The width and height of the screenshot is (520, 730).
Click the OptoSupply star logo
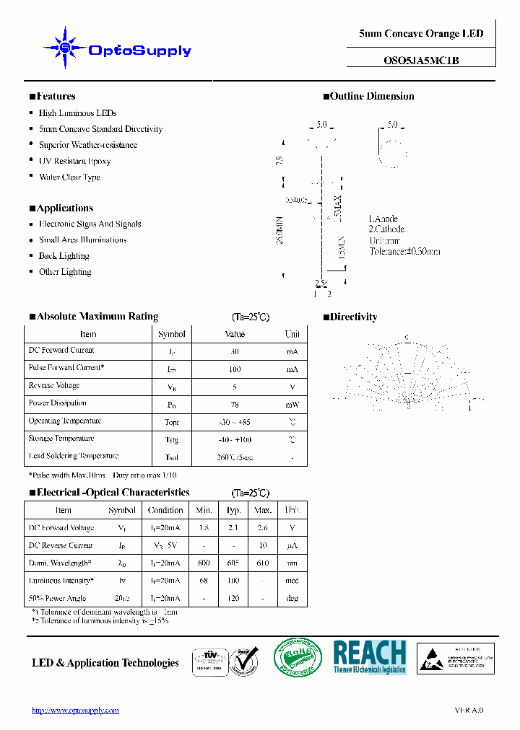click(66, 48)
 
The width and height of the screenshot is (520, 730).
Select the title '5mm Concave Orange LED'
click(421, 34)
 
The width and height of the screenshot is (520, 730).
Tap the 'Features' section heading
click(55, 97)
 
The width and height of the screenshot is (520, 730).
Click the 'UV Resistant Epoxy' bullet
click(74, 161)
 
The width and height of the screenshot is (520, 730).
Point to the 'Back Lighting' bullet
click(64, 256)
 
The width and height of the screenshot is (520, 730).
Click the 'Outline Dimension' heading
click(372, 97)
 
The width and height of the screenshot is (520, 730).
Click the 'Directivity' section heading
click(353, 317)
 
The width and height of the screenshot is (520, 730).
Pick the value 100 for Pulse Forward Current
click(235, 369)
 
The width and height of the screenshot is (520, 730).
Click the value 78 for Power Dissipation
click(235, 404)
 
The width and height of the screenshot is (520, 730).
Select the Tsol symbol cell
click(172, 457)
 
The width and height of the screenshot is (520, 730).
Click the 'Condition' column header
click(165, 510)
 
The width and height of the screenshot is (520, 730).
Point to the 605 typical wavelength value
click(233, 563)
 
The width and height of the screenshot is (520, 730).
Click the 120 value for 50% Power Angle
click(233, 598)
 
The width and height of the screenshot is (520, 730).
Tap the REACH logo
click(369, 656)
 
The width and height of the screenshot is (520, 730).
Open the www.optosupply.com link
click(75, 711)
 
